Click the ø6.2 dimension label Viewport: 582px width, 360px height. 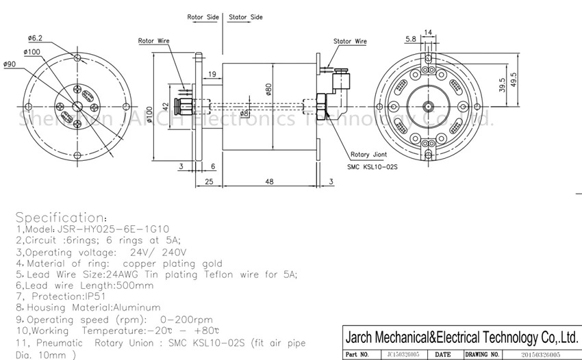click(x=36, y=38)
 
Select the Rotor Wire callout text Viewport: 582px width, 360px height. click(x=154, y=41)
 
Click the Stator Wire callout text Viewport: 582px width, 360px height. click(x=350, y=42)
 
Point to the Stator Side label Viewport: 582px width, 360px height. click(x=246, y=16)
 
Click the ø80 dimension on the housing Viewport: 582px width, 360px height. click(x=269, y=88)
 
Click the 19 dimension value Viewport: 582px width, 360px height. click(x=212, y=74)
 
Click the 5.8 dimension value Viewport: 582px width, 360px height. click(x=410, y=39)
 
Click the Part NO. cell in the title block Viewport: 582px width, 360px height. click(x=357, y=355)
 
